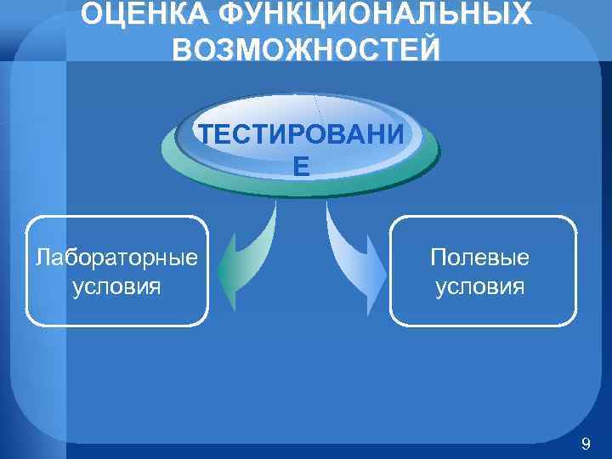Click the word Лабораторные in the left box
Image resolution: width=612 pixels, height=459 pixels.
[x=117, y=256]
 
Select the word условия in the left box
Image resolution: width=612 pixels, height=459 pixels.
[x=117, y=286]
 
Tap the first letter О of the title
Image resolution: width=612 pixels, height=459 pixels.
[x=91, y=14]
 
